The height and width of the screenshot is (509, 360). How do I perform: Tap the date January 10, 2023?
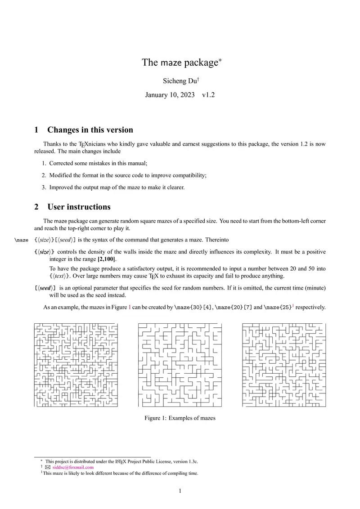click(170, 95)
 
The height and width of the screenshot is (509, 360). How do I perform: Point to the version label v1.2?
click(208, 95)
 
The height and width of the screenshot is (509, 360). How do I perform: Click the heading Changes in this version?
click(90, 130)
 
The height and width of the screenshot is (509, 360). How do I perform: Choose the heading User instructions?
click(79, 207)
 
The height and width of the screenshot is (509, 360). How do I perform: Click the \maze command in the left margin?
click(22, 240)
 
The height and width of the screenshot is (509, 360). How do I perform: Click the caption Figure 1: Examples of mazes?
click(180, 418)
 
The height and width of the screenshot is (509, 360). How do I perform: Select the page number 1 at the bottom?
click(180, 491)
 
